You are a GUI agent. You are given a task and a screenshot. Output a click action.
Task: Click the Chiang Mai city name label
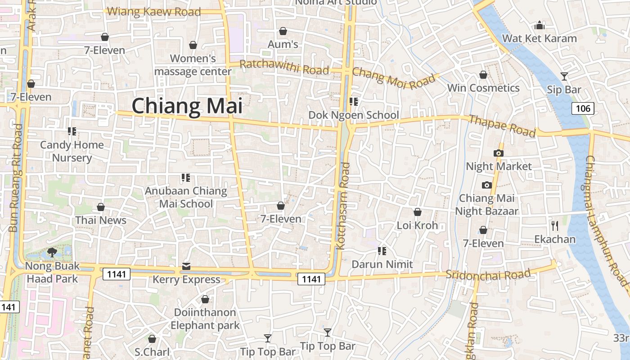187,106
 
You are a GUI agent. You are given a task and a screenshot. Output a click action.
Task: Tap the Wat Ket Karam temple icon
540,25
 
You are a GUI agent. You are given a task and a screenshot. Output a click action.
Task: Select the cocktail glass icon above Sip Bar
564,76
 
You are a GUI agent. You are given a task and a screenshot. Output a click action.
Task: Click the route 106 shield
583,108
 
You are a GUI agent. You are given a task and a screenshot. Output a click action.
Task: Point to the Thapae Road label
502,126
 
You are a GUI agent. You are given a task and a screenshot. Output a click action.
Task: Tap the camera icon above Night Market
498,153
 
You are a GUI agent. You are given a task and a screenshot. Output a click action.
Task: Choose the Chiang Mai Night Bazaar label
486,204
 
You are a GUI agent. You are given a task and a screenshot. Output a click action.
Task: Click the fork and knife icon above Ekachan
555,226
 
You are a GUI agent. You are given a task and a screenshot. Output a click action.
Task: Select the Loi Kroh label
417,225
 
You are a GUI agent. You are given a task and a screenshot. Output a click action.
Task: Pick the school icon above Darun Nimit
382,251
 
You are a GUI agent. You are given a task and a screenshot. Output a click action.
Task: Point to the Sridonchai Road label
488,274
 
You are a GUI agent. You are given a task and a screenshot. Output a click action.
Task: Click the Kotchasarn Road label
344,206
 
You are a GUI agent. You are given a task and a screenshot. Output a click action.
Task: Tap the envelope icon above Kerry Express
186,266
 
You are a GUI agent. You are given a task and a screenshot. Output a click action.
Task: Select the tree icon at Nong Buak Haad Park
52,252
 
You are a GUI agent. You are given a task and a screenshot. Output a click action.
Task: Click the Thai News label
101,220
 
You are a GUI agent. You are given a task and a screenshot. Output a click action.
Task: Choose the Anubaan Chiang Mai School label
186,197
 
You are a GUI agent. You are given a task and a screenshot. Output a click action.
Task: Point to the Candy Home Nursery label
72,151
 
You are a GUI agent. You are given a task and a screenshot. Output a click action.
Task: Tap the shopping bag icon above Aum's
283,31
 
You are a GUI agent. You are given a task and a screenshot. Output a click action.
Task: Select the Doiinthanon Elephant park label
205,319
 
